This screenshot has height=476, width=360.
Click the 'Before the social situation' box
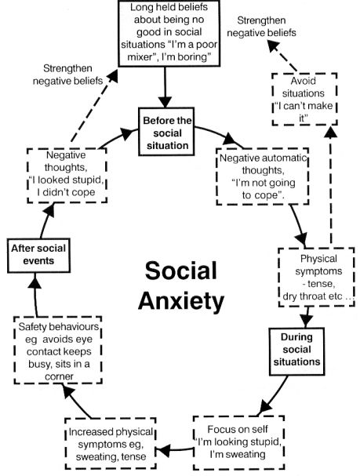(x=166, y=132)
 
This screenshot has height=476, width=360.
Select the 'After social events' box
(x=38, y=256)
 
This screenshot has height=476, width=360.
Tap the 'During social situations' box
(x=296, y=351)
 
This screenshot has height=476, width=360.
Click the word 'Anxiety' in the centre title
(x=181, y=301)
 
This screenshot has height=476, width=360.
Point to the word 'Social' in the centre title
(x=181, y=271)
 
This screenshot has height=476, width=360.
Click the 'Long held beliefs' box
(x=169, y=34)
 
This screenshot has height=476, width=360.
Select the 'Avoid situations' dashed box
(x=304, y=99)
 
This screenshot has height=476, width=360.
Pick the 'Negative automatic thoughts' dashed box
(x=263, y=176)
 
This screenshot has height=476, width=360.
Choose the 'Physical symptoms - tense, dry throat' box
(x=316, y=277)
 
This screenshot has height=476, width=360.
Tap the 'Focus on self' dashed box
(x=238, y=442)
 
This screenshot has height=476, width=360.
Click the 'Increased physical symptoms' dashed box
(x=111, y=444)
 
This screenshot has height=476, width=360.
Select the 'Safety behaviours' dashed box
(x=58, y=351)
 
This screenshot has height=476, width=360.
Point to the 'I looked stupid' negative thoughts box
(x=67, y=176)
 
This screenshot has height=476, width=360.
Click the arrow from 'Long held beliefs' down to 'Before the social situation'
(x=165, y=87)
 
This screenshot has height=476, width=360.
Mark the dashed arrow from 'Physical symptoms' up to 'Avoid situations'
(x=330, y=185)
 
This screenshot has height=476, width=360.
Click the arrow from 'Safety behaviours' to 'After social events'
(x=35, y=295)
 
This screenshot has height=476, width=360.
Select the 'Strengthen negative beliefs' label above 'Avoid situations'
(x=261, y=27)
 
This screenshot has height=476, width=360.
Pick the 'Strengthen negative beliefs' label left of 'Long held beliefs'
(x=67, y=74)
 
